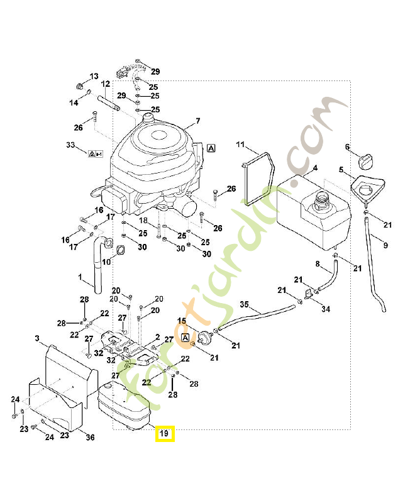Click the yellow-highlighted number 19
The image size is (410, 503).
click(165, 434)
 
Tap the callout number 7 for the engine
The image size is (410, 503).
click(197, 121)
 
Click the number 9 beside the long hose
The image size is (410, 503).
click(385, 245)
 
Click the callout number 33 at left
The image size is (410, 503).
click(70, 145)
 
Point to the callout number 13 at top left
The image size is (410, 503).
click(94, 76)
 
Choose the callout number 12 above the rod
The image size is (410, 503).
click(105, 84)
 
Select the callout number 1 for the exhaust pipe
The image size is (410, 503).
click(80, 277)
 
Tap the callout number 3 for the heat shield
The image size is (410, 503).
click(38, 338)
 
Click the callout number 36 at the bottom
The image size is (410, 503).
click(90, 438)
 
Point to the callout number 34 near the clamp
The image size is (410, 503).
click(325, 309)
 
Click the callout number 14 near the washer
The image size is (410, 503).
click(73, 102)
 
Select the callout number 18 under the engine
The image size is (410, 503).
click(143, 221)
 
